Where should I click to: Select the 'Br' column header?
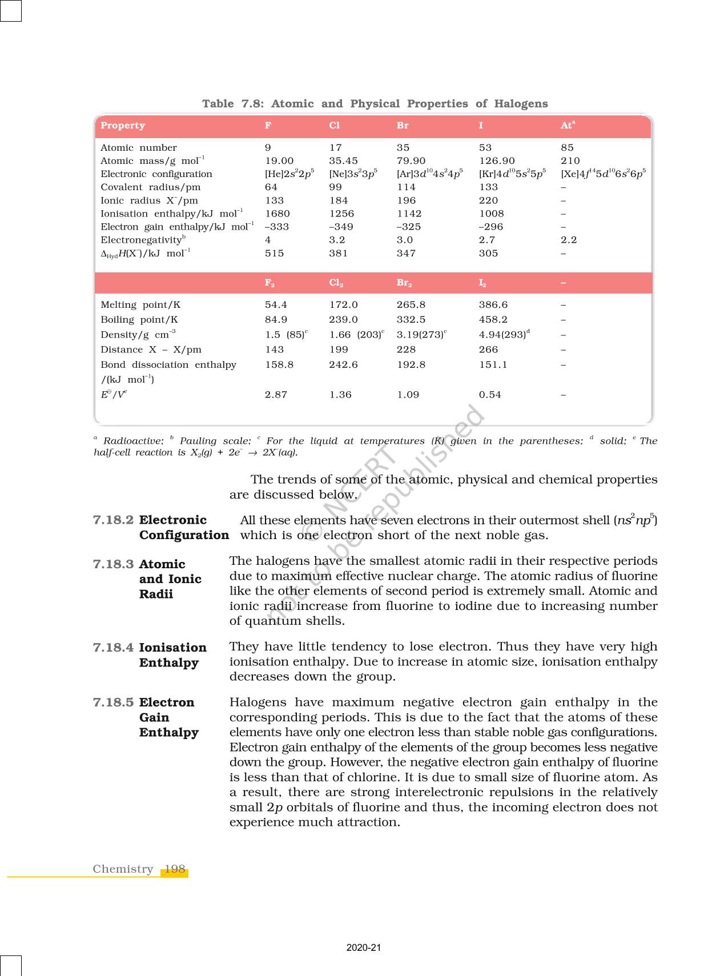(x=403, y=126)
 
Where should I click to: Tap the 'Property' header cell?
(x=123, y=126)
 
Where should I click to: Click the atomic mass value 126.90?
(x=497, y=161)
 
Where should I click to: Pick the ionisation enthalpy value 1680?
(x=277, y=214)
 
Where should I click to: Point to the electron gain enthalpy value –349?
(x=341, y=227)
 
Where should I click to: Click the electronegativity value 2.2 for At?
(x=569, y=240)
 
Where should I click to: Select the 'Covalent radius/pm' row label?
(x=151, y=187)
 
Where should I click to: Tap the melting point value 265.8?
(x=411, y=305)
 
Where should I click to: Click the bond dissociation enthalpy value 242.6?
(x=343, y=364)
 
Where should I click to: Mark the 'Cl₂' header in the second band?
(x=336, y=283)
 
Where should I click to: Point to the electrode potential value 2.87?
(x=276, y=395)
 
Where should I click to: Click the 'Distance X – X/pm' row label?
(x=151, y=350)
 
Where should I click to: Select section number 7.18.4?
(x=113, y=648)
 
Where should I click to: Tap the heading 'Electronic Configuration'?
(x=184, y=528)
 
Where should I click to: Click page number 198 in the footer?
(x=175, y=869)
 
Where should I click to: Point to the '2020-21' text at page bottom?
(x=364, y=947)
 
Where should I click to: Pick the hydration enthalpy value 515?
(x=274, y=253)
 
